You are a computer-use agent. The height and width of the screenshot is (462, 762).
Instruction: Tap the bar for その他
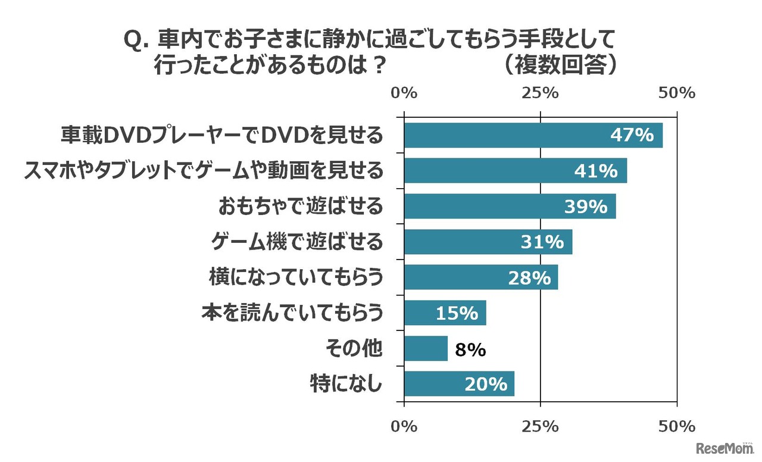[x=426, y=349]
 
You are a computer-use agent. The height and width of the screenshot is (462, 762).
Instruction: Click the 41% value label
[x=596, y=171]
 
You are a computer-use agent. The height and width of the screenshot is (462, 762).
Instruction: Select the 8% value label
[x=470, y=349]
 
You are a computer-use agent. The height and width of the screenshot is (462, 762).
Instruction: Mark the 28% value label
[x=529, y=277]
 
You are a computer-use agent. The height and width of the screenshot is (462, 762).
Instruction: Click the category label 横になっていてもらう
[x=295, y=277]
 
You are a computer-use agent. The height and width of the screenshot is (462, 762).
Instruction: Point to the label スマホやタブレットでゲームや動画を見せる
[x=203, y=171]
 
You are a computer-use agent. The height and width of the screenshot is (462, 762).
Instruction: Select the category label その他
[x=354, y=349]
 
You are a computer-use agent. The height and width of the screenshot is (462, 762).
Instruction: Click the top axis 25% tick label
[x=541, y=93]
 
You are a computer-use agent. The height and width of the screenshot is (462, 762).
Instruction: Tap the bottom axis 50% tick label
[x=677, y=426]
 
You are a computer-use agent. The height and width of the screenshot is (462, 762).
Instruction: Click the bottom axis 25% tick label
[x=541, y=426]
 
